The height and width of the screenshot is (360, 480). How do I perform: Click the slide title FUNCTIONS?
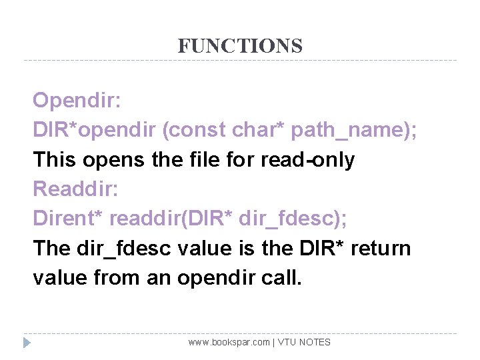click(240, 46)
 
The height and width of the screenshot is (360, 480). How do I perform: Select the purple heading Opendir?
click(77, 101)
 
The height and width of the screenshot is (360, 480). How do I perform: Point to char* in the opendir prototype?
click(260, 131)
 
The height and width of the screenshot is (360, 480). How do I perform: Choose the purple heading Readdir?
click(75, 189)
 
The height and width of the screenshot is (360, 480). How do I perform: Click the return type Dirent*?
click(67, 219)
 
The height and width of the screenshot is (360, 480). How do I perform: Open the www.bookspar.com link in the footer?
click(229, 342)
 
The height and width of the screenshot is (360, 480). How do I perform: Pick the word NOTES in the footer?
click(315, 342)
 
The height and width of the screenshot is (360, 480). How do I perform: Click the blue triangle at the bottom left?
click(27, 343)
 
